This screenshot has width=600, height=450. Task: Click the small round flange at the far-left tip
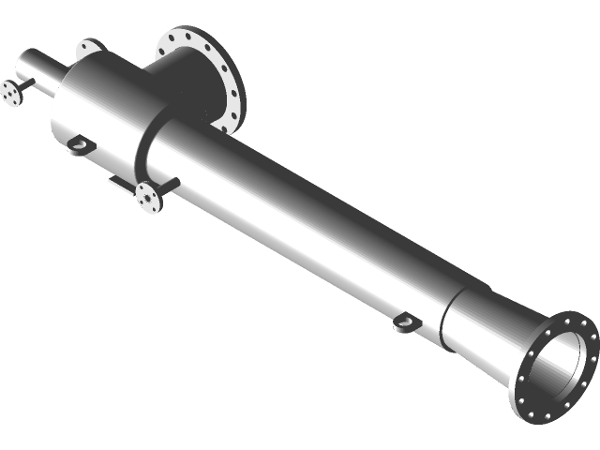click(x=10, y=94)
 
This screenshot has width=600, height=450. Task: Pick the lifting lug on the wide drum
click(x=79, y=144)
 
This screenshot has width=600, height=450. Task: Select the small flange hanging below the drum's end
click(x=148, y=199)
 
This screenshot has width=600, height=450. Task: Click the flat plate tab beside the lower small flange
click(x=119, y=185)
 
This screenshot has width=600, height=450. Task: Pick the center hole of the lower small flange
click(x=149, y=199)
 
